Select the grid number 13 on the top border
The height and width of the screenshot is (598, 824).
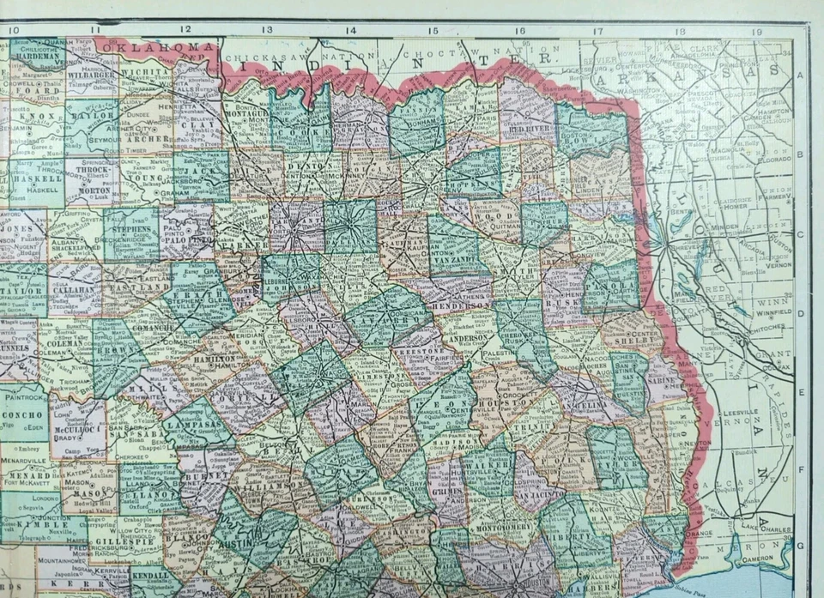click(268, 29)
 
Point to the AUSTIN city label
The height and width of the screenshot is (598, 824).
click(234, 542)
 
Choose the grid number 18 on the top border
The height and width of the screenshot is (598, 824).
click(679, 30)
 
